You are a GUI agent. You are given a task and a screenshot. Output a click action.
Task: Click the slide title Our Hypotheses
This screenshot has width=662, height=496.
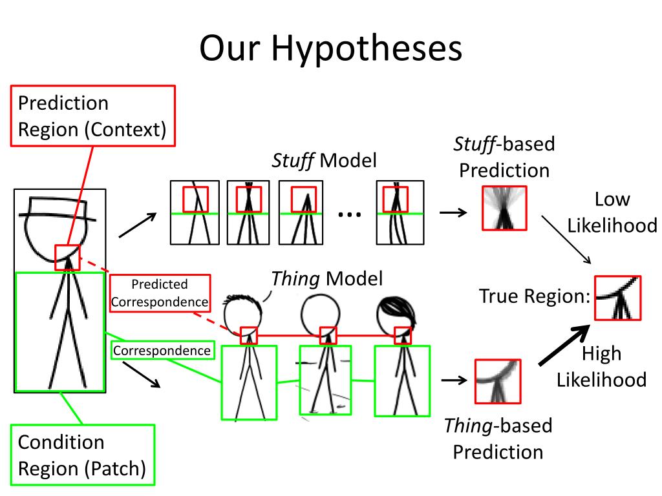330,48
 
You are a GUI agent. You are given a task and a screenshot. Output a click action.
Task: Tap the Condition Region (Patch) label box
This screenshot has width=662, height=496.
82,455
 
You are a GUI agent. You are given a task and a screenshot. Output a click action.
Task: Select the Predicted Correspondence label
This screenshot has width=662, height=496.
160,293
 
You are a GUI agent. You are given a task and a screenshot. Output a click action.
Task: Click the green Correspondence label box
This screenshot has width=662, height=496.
162,351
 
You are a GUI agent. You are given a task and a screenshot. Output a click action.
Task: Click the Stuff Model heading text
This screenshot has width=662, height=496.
323,160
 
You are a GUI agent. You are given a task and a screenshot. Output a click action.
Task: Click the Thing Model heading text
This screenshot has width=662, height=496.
326,279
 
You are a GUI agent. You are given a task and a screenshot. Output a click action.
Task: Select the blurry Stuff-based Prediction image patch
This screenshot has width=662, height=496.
504,208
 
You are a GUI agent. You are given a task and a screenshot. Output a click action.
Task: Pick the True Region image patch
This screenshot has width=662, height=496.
617,298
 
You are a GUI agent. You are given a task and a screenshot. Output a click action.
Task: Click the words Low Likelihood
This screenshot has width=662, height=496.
612,212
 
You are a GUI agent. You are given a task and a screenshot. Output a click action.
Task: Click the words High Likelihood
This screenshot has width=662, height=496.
601,366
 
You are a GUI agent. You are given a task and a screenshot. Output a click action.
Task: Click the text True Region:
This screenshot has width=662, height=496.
535,296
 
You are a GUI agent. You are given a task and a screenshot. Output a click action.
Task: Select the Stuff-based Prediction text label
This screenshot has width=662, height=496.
504,157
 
